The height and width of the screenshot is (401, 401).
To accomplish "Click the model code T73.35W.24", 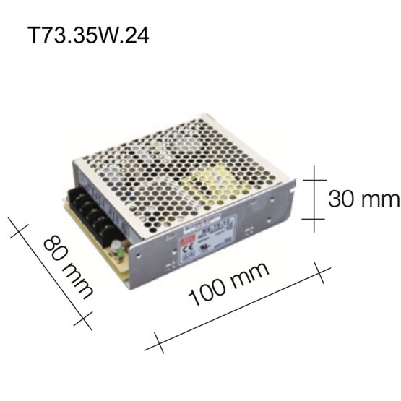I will [90, 36].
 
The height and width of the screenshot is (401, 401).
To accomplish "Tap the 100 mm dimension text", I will [232, 284].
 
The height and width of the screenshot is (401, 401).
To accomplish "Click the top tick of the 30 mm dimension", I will [314, 177].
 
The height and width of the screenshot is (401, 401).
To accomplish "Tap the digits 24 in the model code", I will [137, 36].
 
